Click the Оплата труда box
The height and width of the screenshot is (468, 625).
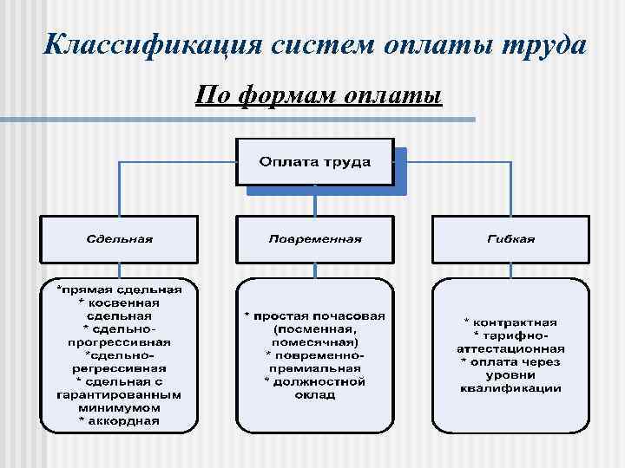tap(314, 162)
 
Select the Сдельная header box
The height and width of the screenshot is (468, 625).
tap(119, 238)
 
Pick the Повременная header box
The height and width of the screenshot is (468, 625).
tap(314, 238)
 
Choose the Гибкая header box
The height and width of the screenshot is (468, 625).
tap(510, 238)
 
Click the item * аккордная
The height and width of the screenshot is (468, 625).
tap(119, 421)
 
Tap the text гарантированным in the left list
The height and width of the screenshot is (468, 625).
tap(119, 394)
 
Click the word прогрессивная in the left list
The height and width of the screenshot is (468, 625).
tap(119, 341)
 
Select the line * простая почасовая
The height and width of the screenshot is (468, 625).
tap(314, 316)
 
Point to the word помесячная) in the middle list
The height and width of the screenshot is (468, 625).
tap(314, 342)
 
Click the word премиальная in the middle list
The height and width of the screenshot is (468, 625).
tap(314, 368)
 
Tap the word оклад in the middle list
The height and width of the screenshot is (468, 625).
tap(314, 394)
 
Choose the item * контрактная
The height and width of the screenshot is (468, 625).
tap(510, 322)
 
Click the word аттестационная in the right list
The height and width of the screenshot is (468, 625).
tap(510, 348)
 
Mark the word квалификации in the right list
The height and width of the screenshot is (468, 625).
tap(510, 387)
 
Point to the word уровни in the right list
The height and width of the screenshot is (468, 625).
tap(510, 374)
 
